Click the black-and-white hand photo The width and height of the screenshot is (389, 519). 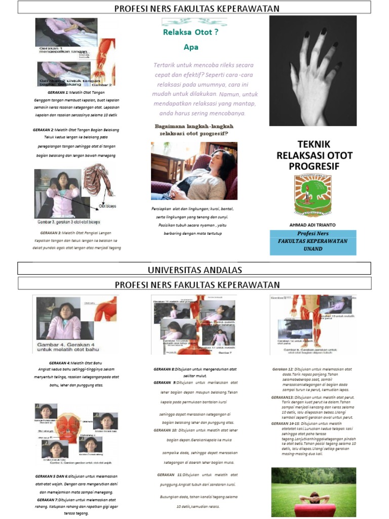tap(313, 70)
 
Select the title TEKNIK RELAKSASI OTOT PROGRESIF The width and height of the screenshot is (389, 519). tap(314, 155)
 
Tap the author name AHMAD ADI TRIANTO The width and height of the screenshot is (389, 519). tap(313, 224)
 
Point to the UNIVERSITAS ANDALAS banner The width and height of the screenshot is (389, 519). tap(194, 269)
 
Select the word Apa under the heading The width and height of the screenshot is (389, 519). tap(191, 48)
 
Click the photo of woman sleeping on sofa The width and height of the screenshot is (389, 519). tap(194, 171)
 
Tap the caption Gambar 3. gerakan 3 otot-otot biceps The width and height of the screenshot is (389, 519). tap(68, 222)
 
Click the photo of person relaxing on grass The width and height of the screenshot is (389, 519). tap(314, 492)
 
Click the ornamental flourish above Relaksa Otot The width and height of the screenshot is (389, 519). tap(194, 22)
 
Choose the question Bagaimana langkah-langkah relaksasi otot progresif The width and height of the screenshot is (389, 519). tap(190, 130)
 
